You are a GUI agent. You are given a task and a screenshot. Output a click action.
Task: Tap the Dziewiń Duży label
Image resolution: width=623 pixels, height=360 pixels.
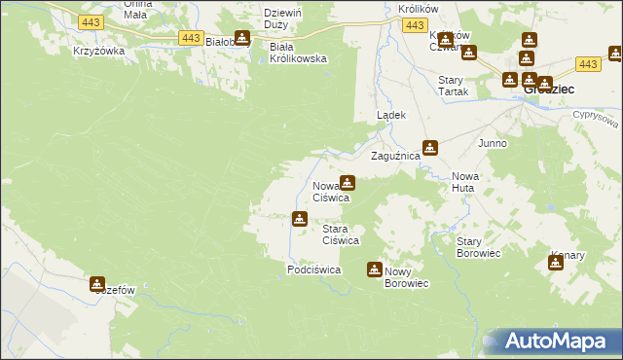click(x=282, y=18)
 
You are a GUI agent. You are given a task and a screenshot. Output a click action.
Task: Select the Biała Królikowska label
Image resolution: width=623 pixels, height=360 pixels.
click(x=297, y=52)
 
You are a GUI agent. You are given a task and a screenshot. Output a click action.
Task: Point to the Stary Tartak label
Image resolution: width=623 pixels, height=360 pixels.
click(x=454, y=85)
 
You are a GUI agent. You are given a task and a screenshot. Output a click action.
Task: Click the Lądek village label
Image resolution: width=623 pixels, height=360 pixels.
click(x=391, y=115)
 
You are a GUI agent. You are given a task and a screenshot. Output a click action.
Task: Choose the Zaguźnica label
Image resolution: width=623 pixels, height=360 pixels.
click(x=395, y=156)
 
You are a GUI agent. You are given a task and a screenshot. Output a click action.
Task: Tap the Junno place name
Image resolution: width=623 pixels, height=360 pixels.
click(x=492, y=143)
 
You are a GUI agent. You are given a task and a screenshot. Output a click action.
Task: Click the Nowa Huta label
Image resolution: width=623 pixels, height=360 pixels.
click(x=462, y=182)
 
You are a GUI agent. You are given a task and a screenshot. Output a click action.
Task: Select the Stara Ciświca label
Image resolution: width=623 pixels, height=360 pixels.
click(x=342, y=234)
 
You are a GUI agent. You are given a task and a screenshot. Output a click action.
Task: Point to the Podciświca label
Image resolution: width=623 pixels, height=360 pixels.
click(x=313, y=270)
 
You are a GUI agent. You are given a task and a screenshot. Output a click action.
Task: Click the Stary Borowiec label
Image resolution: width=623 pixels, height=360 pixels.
click(x=478, y=246)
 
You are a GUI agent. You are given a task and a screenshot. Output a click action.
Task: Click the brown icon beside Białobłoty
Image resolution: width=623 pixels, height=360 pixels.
click(x=242, y=40)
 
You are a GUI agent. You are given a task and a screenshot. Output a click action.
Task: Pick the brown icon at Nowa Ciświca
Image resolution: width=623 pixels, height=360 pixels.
click(x=347, y=182)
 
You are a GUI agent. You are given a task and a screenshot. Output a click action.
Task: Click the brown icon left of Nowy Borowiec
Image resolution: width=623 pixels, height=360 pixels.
click(x=374, y=270)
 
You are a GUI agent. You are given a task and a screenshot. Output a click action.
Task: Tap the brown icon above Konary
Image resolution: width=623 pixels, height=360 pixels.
click(x=556, y=262)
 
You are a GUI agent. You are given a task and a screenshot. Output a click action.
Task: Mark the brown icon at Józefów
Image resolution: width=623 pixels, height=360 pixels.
click(x=97, y=284)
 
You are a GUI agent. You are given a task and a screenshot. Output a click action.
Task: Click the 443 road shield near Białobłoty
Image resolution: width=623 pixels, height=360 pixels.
click(x=191, y=37)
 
